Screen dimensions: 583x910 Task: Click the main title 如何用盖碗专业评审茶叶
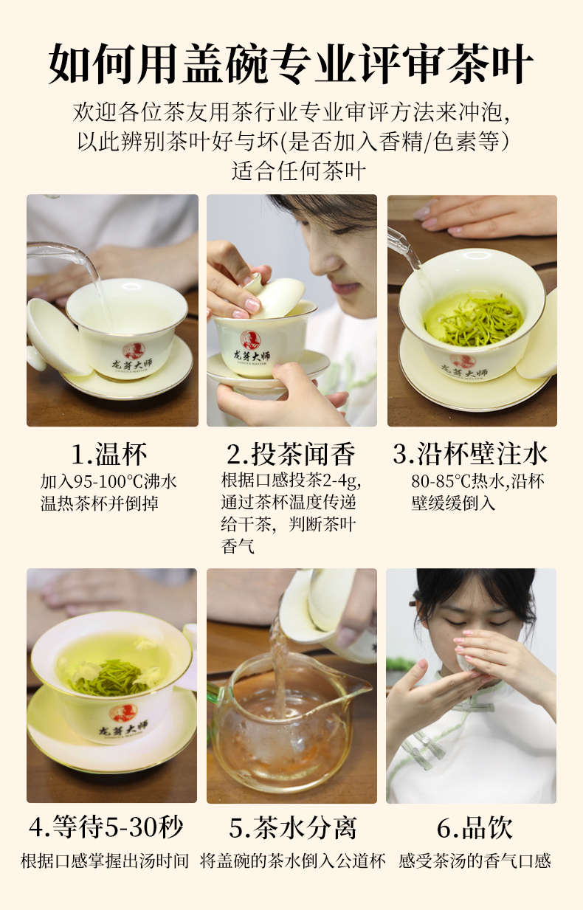coord(291,63)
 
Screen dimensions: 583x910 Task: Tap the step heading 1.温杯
coord(109,454)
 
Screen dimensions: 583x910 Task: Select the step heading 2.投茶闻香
coord(291,454)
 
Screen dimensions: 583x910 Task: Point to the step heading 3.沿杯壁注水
coord(471,454)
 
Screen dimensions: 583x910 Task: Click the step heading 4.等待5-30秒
coord(106,827)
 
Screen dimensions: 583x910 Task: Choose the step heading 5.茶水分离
coord(292,827)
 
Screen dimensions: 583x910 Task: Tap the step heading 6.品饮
coord(475,827)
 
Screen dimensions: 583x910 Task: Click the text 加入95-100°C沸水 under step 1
coord(108,482)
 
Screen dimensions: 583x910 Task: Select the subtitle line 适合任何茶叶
coord(299,171)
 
